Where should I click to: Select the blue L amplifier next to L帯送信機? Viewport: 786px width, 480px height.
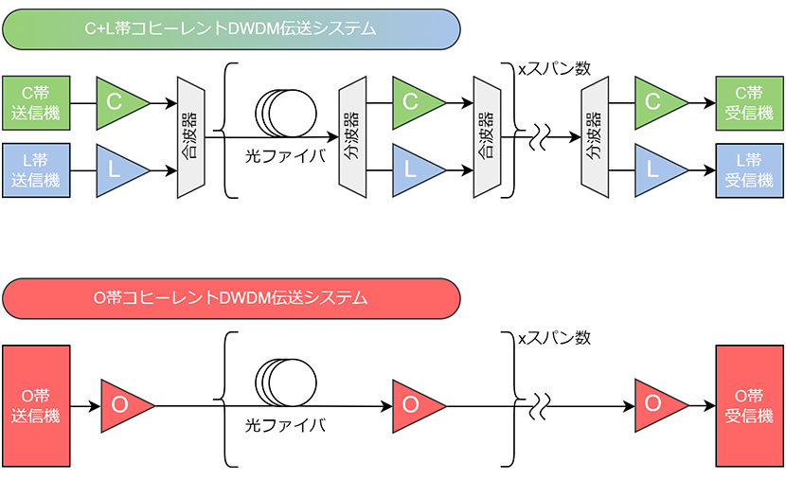pos(118,170)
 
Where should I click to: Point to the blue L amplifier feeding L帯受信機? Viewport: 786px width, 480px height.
pos(657,170)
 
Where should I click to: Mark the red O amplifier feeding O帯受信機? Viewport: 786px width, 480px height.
pos(657,405)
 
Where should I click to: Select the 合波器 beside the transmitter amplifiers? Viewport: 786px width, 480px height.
pos(190,136)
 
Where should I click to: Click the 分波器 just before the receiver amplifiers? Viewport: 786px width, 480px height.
pos(594,136)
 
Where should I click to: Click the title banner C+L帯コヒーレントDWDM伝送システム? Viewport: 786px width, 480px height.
pos(231,28)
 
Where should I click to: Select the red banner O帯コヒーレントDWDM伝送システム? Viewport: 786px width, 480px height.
pos(231,298)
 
